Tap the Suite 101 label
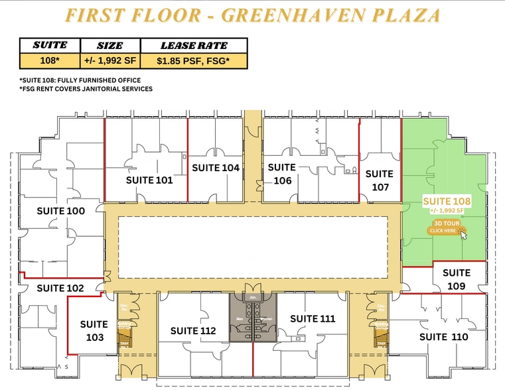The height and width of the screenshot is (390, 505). coord(149,180)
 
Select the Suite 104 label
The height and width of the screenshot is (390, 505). coord(216,168)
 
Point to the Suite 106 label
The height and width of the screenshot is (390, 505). coord(281,174)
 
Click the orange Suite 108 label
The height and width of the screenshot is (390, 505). coord(447,201)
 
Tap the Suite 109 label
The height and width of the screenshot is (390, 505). coord(456,279)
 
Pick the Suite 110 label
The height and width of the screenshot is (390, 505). coord(443,337)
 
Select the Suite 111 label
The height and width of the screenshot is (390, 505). coord(313,319)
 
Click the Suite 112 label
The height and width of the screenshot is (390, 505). coord(193,331)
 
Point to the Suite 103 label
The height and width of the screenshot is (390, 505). coord(94,331)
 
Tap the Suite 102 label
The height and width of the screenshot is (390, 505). coord(60,288)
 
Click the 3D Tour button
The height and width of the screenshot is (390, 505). coord(445,227)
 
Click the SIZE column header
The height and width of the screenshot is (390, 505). coord(109,46)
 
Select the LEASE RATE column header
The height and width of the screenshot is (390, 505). coord(193,46)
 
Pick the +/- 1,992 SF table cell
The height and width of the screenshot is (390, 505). coord(109,61)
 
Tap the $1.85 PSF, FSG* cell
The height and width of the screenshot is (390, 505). coord(193,61)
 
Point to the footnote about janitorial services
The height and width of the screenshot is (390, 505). coord(86,89)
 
